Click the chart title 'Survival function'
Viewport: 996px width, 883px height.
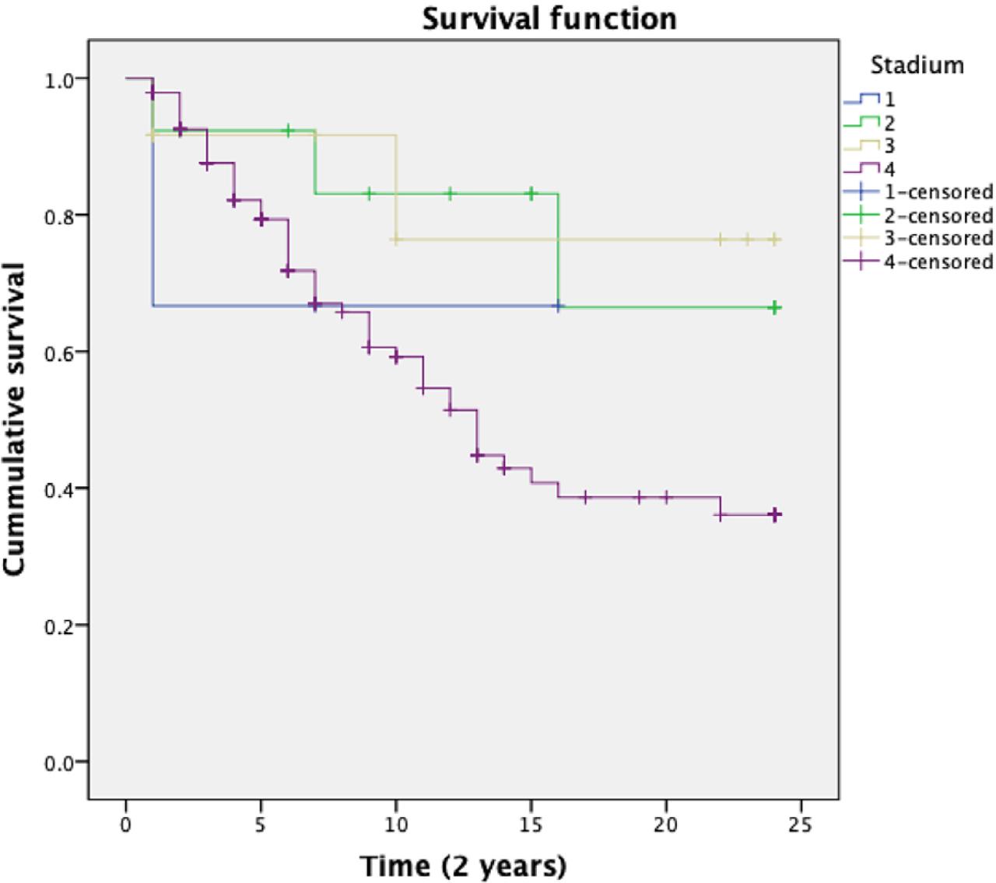coord(549,19)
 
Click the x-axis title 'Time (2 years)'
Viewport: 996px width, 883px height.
coord(463,865)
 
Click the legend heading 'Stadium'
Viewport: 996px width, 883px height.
coord(917,65)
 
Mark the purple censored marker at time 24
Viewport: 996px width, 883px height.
coord(774,514)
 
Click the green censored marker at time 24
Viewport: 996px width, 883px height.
coord(774,308)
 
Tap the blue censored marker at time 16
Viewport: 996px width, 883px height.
coord(558,307)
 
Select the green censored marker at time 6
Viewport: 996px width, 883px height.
coord(288,130)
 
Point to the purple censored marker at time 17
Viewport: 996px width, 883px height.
coord(585,497)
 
